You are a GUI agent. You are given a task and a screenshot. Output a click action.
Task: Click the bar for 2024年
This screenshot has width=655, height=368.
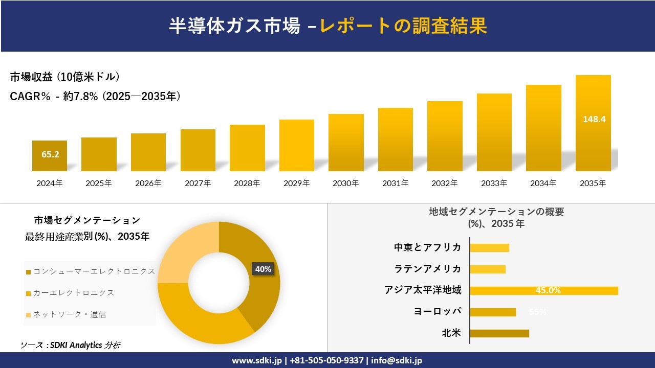click(50, 156)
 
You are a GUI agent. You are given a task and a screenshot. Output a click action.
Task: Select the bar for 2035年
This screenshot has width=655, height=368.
click(593, 123)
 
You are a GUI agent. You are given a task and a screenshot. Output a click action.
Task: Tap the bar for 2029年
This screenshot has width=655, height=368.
click(297, 145)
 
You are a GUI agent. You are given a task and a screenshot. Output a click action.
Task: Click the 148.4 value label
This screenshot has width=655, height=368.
click(594, 119)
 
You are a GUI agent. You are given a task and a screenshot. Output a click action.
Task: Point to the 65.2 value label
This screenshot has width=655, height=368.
click(50, 154)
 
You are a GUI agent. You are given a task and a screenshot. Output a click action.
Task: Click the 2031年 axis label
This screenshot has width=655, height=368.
click(395, 183)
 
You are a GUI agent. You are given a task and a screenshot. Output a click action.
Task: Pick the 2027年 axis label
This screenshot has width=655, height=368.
click(198, 183)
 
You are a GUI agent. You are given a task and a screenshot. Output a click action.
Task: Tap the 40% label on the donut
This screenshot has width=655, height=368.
click(263, 269)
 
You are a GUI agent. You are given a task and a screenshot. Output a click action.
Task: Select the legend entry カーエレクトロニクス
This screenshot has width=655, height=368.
click(73, 293)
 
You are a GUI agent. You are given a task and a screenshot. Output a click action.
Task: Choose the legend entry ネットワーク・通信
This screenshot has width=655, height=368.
click(69, 314)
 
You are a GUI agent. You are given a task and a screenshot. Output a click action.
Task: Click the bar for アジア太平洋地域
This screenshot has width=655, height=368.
click(543, 291)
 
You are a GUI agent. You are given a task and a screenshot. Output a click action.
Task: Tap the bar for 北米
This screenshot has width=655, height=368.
click(499, 333)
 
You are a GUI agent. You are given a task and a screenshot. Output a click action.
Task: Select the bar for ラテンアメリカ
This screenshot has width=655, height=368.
click(487, 269)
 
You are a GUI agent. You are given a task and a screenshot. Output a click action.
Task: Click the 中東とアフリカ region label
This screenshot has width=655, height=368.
click(427, 247)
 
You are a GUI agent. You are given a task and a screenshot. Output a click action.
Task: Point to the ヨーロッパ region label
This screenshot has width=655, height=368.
click(438, 312)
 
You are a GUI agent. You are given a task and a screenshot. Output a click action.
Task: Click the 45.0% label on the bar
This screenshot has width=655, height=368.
click(548, 291)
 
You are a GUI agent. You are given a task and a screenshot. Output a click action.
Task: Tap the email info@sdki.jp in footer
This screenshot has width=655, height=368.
click(397, 360)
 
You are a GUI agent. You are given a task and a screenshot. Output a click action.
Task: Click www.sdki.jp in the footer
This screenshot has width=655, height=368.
click(256, 360)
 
